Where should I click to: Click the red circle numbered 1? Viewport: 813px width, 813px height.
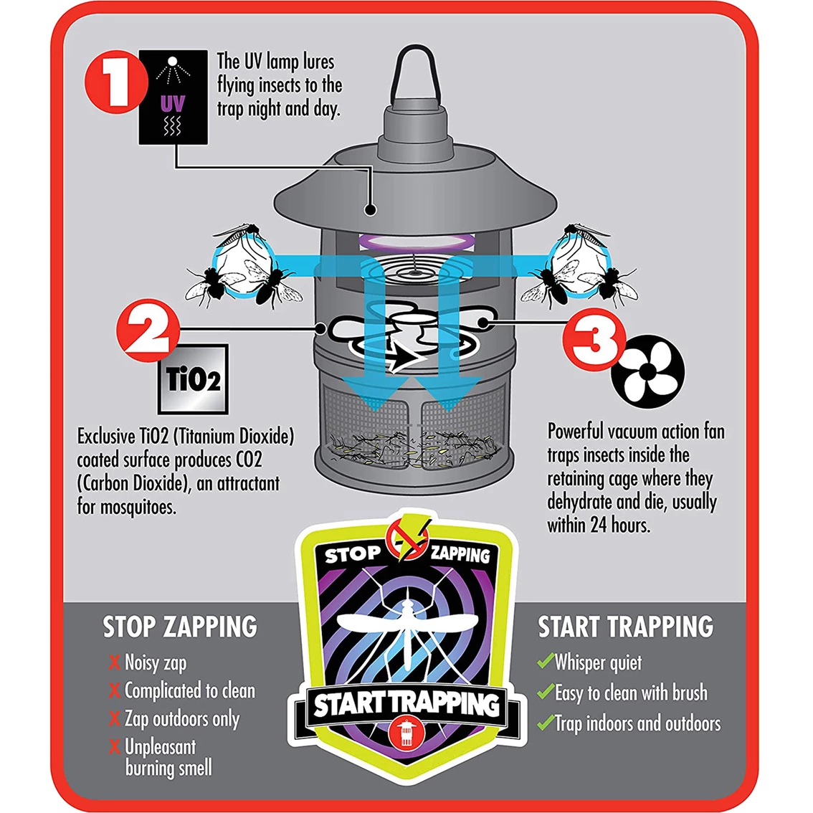click(x=115, y=82)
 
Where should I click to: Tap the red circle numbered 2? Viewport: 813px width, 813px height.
click(x=148, y=330)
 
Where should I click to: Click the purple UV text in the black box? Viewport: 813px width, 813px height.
click(x=173, y=104)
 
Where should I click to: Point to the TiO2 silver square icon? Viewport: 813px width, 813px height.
click(x=193, y=379)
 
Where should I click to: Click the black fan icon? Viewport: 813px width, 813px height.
click(x=647, y=371)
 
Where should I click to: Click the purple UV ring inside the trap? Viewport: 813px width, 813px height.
click(x=417, y=242)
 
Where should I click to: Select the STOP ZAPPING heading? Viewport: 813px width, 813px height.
click(x=180, y=627)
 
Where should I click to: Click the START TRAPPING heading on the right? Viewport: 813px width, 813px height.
click(x=626, y=627)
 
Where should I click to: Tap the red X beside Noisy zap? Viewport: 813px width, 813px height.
click(x=115, y=662)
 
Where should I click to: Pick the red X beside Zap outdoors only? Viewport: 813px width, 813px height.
click(x=115, y=718)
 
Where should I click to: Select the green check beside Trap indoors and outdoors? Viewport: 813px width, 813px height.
click(x=546, y=722)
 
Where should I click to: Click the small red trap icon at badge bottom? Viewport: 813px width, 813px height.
click(x=406, y=731)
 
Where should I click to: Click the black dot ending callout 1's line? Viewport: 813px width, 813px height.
click(x=370, y=209)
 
